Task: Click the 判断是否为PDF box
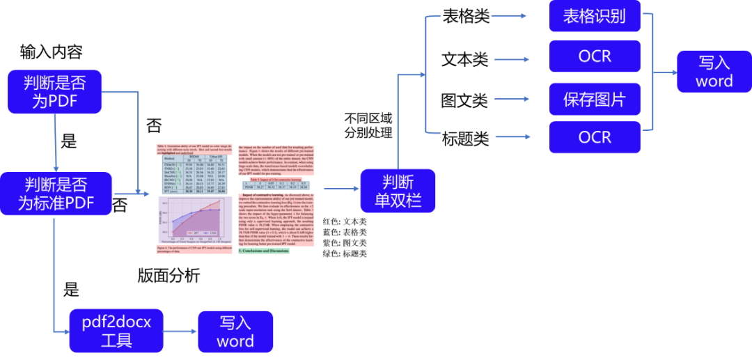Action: point(55,92)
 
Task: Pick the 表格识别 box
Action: point(594,16)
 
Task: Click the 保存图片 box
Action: point(594,100)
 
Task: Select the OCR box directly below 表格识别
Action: point(594,56)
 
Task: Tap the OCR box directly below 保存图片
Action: point(594,137)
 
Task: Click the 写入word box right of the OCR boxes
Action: point(714,72)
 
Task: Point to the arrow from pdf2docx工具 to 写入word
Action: point(180,331)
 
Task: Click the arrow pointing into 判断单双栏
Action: point(340,188)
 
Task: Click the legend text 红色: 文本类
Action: point(345,221)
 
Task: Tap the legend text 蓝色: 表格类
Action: point(345,232)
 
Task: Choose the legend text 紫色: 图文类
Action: point(345,243)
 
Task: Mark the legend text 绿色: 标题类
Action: point(345,253)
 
